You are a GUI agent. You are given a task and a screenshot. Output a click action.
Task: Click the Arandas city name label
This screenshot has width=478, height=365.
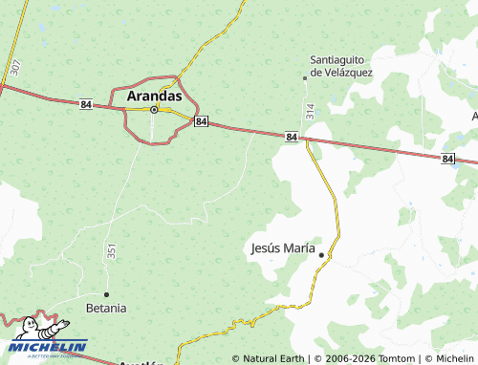click(x=154, y=96)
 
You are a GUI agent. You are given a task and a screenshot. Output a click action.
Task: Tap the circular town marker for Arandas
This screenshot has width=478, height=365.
click(x=153, y=110)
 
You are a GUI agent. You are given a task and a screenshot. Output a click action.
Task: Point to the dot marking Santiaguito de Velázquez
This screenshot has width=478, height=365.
click(x=305, y=77)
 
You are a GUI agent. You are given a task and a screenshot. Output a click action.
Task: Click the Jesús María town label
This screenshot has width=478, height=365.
click(x=282, y=247)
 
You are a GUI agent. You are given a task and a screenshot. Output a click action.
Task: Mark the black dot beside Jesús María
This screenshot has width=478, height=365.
click(x=321, y=254)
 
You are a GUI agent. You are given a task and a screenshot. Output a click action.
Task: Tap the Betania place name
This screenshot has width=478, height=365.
click(x=105, y=308)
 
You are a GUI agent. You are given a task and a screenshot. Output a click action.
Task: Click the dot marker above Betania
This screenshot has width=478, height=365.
click(x=106, y=293)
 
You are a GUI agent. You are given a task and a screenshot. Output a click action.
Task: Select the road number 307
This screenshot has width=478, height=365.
click(x=15, y=67)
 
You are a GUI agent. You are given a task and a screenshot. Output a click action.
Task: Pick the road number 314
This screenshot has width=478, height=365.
click(x=310, y=111)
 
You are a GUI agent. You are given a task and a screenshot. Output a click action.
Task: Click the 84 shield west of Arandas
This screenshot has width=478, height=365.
click(x=86, y=104)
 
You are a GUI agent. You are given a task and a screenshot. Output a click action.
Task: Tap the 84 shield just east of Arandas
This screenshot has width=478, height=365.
click(x=201, y=122)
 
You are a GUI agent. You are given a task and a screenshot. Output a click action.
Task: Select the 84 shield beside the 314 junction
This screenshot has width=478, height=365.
click(x=291, y=138)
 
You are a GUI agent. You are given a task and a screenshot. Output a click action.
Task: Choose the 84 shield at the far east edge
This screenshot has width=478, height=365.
click(x=447, y=158)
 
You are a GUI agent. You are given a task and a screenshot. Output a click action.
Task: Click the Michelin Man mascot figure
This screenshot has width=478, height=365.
click(x=32, y=329)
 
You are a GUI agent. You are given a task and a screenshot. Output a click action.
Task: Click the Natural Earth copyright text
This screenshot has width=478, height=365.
click(x=269, y=358)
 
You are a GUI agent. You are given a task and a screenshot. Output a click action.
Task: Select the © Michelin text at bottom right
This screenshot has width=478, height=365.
click(x=448, y=358)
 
